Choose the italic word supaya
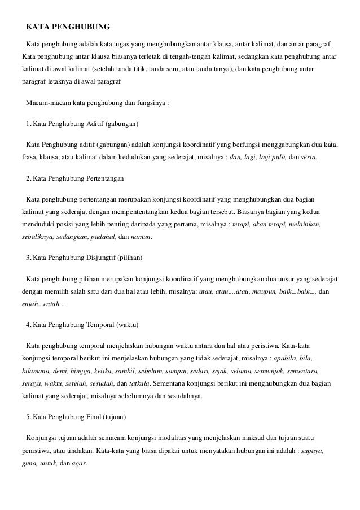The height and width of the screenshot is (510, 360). coord(313,451)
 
